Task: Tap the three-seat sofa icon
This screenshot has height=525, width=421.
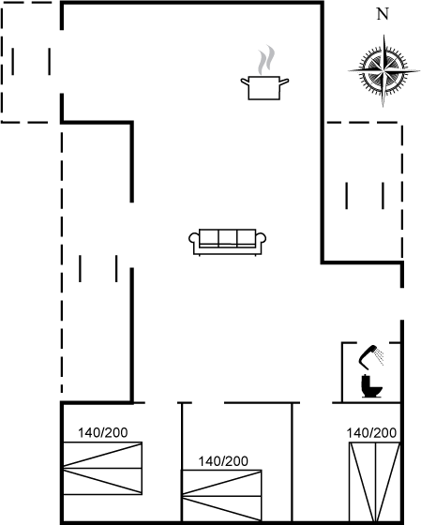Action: click(x=228, y=243)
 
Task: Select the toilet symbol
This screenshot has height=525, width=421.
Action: click(x=371, y=386)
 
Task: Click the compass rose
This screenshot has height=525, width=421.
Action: click(x=383, y=70)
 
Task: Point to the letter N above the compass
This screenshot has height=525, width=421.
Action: click(x=383, y=14)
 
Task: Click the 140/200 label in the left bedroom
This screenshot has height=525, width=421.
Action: click(x=103, y=432)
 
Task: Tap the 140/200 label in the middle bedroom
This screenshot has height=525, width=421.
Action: click(x=223, y=461)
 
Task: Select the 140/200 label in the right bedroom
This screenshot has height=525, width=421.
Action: click(x=371, y=432)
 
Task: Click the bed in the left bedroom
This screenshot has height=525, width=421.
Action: click(x=102, y=468)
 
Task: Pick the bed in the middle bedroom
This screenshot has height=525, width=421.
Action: click(x=221, y=496)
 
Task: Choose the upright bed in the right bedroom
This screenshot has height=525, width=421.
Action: click(x=375, y=482)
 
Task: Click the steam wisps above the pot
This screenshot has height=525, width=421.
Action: click(x=266, y=59)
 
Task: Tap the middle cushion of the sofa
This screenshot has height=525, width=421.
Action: click(x=228, y=237)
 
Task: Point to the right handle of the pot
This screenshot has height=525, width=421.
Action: click(x=284, y=81)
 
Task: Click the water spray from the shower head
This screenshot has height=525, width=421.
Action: click(x=380, y=356)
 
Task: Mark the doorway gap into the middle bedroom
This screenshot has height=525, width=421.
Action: click(x=208, y=402)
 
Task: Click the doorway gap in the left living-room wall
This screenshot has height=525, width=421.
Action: click(x=132, y=235)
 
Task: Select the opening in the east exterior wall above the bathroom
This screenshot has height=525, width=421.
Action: click(x=402, y=304)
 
